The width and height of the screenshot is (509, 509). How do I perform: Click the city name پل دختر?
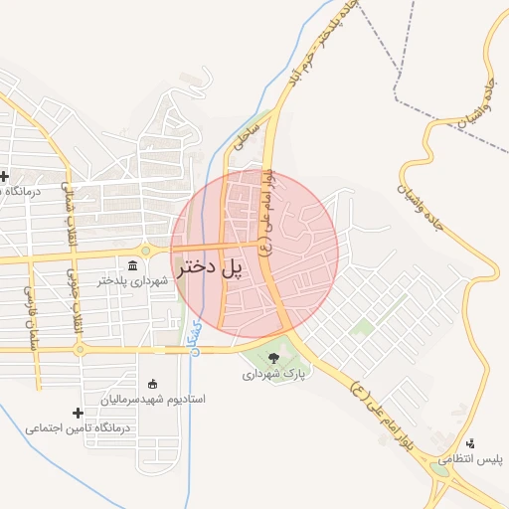click(211, 268)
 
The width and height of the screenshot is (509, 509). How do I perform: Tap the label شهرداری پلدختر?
click(134, 281)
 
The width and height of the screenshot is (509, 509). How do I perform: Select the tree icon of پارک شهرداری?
click(274, 358)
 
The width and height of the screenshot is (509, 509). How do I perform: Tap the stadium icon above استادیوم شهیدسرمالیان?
click(152, 384)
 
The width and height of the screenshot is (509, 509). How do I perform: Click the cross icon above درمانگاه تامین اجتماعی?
click(78, 413)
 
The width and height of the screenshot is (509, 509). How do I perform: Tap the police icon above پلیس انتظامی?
click(470, 444)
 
